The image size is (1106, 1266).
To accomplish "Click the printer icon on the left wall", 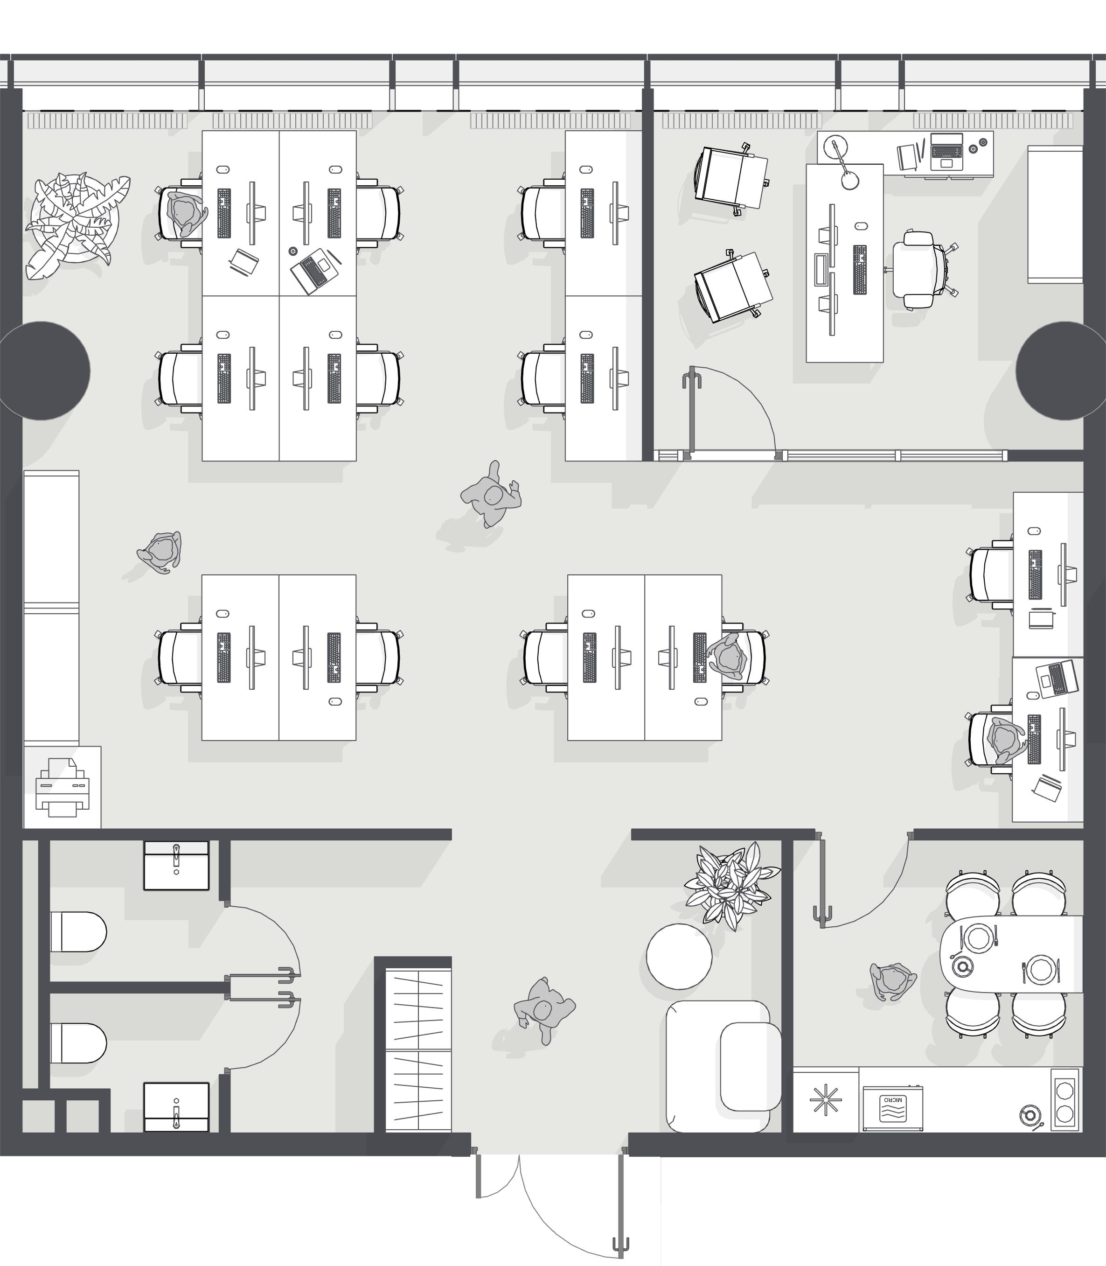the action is pyautogui.click(x=63, y=787).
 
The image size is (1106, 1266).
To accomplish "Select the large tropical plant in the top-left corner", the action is pyautogui.click(x=77, y=224).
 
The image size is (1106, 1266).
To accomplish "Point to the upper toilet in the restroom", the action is pyautogui.click(x=78, y=931).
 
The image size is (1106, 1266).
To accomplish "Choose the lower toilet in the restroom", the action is pyautogui.click(x=78, y=1043).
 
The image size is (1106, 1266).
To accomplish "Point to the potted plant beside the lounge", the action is pyautogui.click(x=732, y=885).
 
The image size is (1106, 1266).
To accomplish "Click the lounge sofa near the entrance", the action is pyautogui.click(x=723, y=1066).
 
